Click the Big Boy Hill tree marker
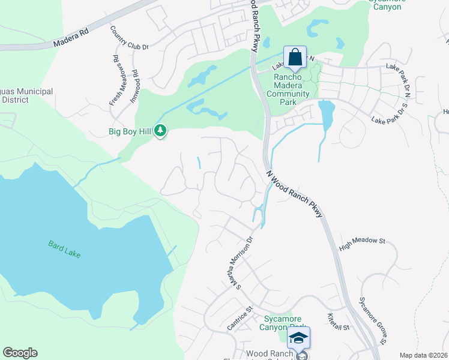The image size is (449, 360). [160, 130]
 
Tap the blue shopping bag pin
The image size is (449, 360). [295, 58]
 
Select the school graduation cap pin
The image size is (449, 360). [298, 338]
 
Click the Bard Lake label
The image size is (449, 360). [64, 249]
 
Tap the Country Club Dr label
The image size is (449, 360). [130, 38]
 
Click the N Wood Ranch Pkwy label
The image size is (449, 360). [295, 193]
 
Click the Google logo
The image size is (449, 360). [20, 353]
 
